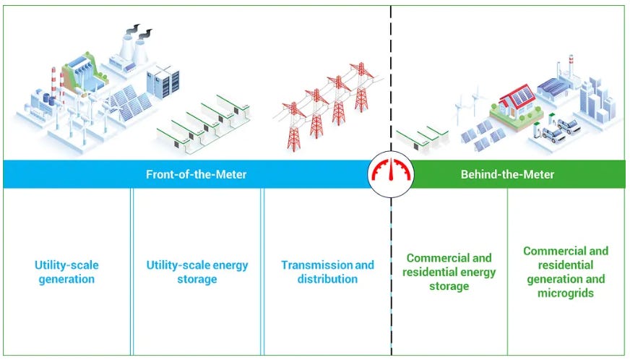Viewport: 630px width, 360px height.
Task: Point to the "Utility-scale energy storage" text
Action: tap(197, 272)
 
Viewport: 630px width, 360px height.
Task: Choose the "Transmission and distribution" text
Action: tap(327, 272)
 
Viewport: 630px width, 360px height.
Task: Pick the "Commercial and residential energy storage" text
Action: tap(449, 272)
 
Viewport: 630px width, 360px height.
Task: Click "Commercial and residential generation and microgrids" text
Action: tap(566, 272)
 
